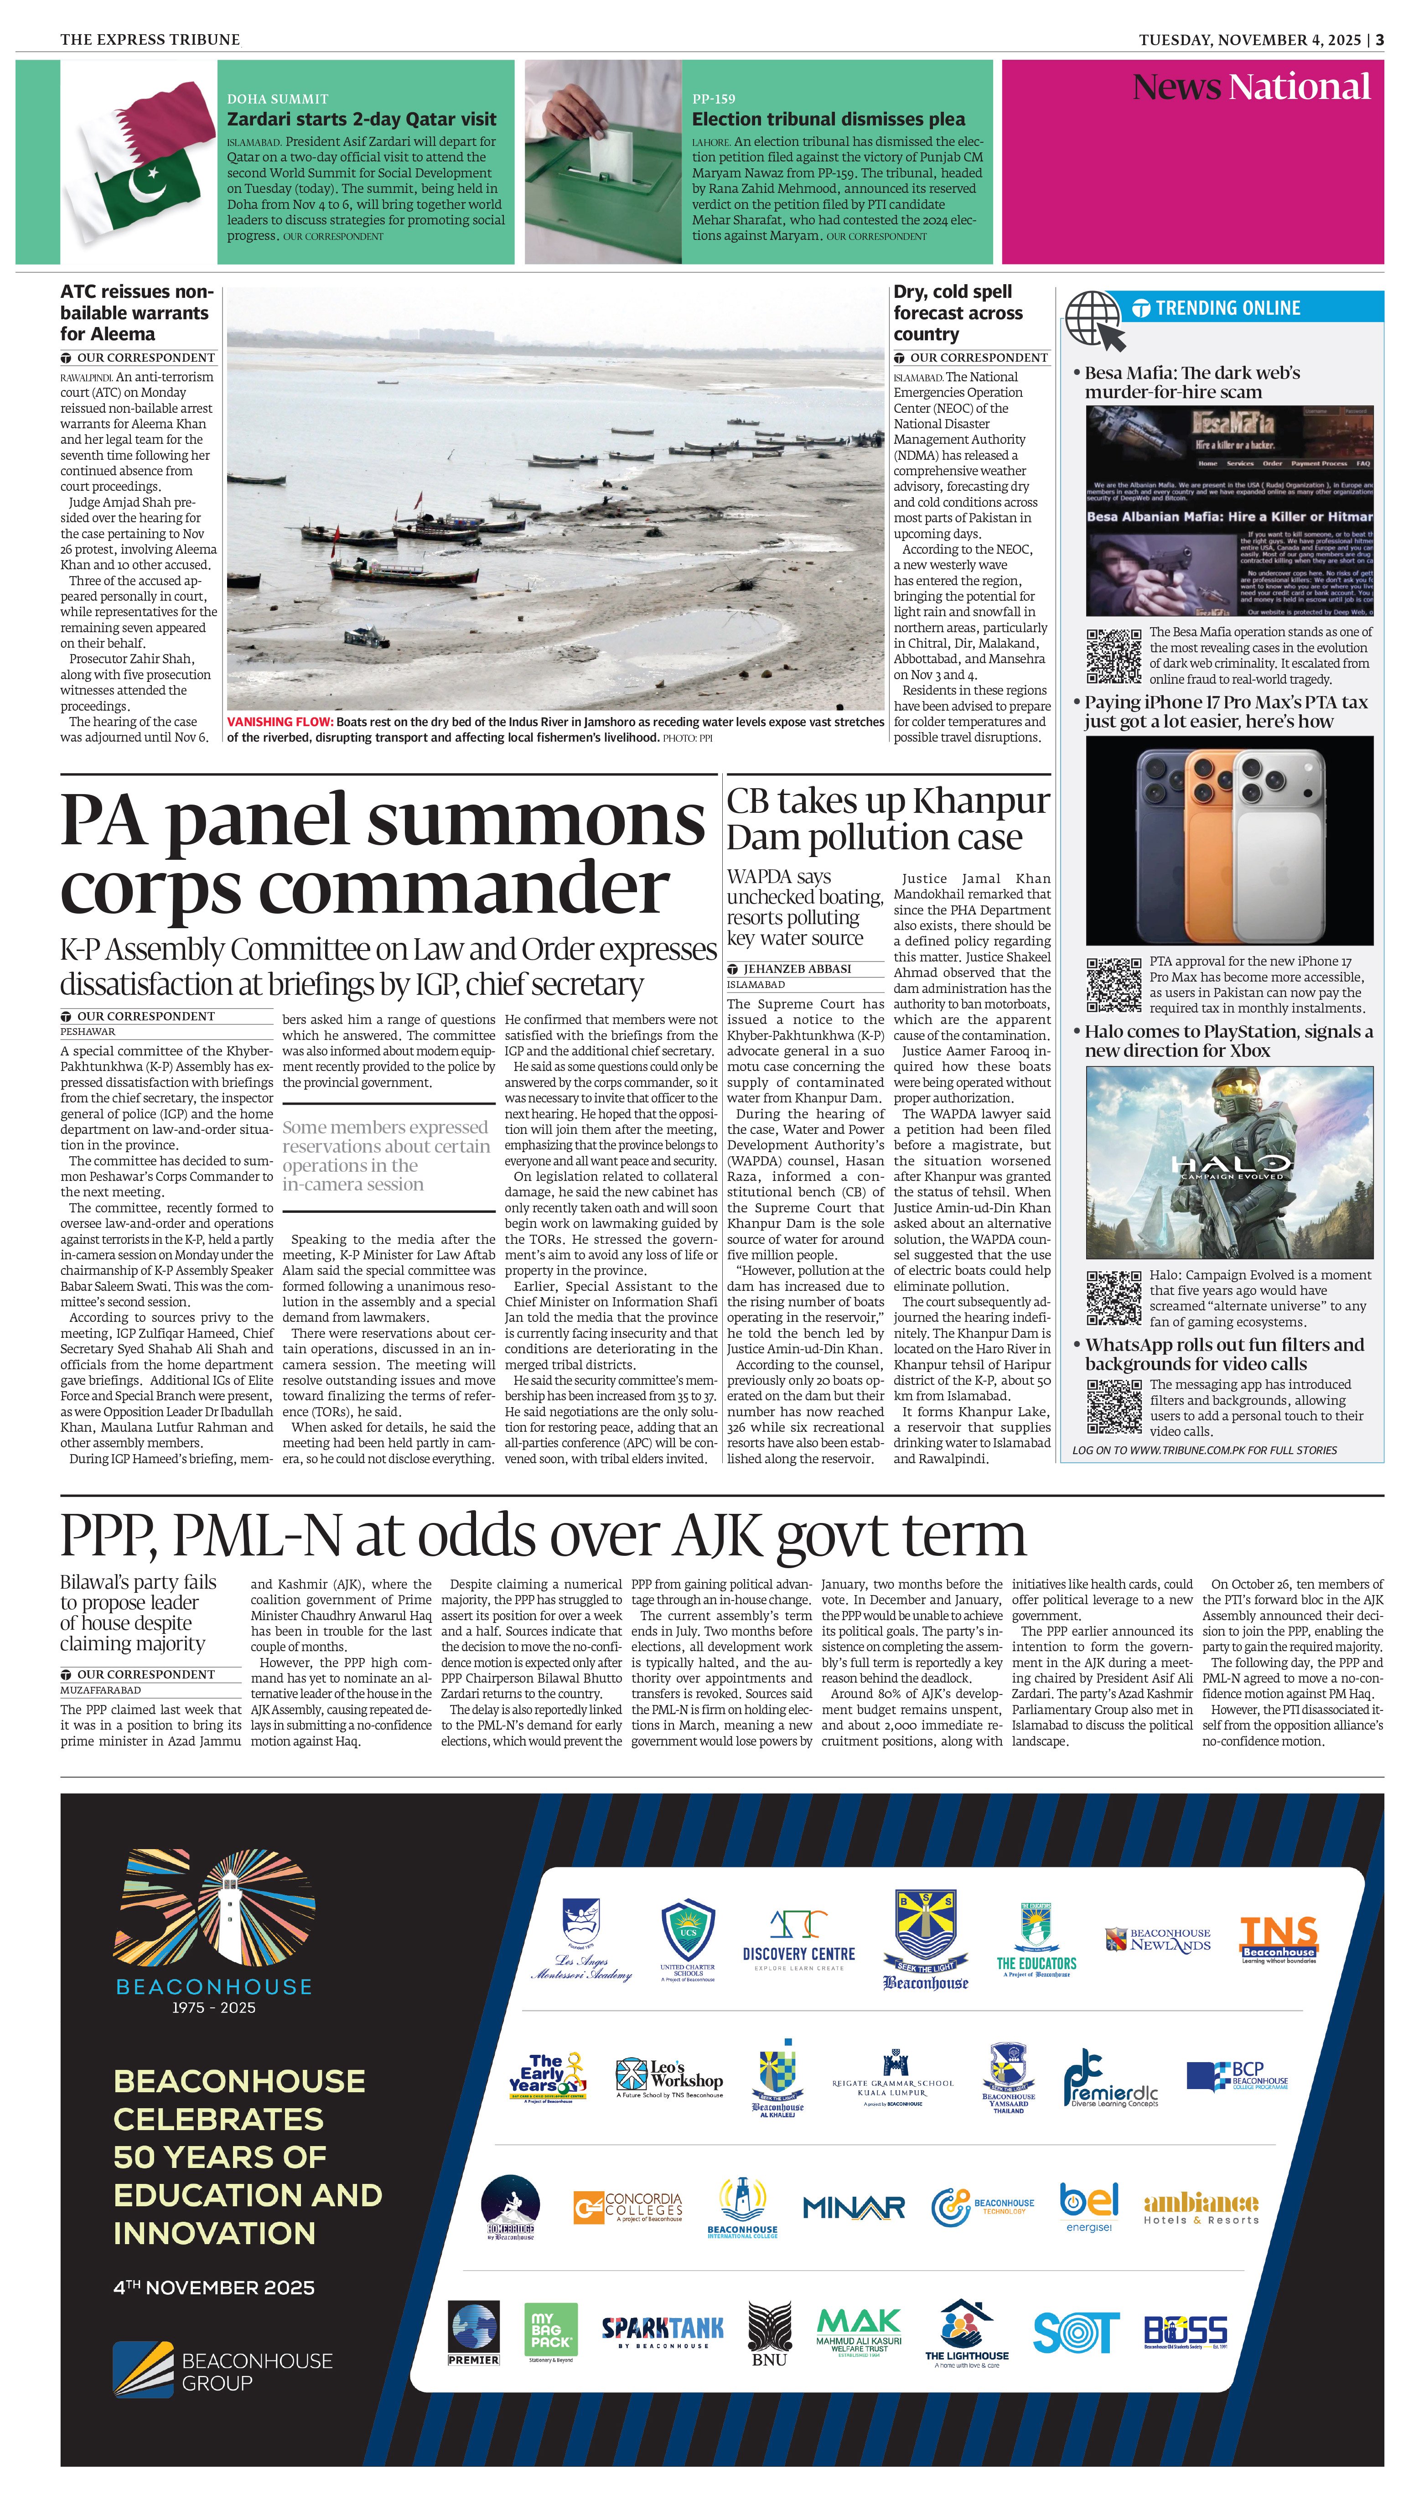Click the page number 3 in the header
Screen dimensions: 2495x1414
pos(1379,40)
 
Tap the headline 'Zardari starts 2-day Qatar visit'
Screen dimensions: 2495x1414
pos(361,120)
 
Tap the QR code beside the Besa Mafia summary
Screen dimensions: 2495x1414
pos(1113,656)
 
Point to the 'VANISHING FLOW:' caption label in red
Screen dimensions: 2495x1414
pos(280,722)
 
